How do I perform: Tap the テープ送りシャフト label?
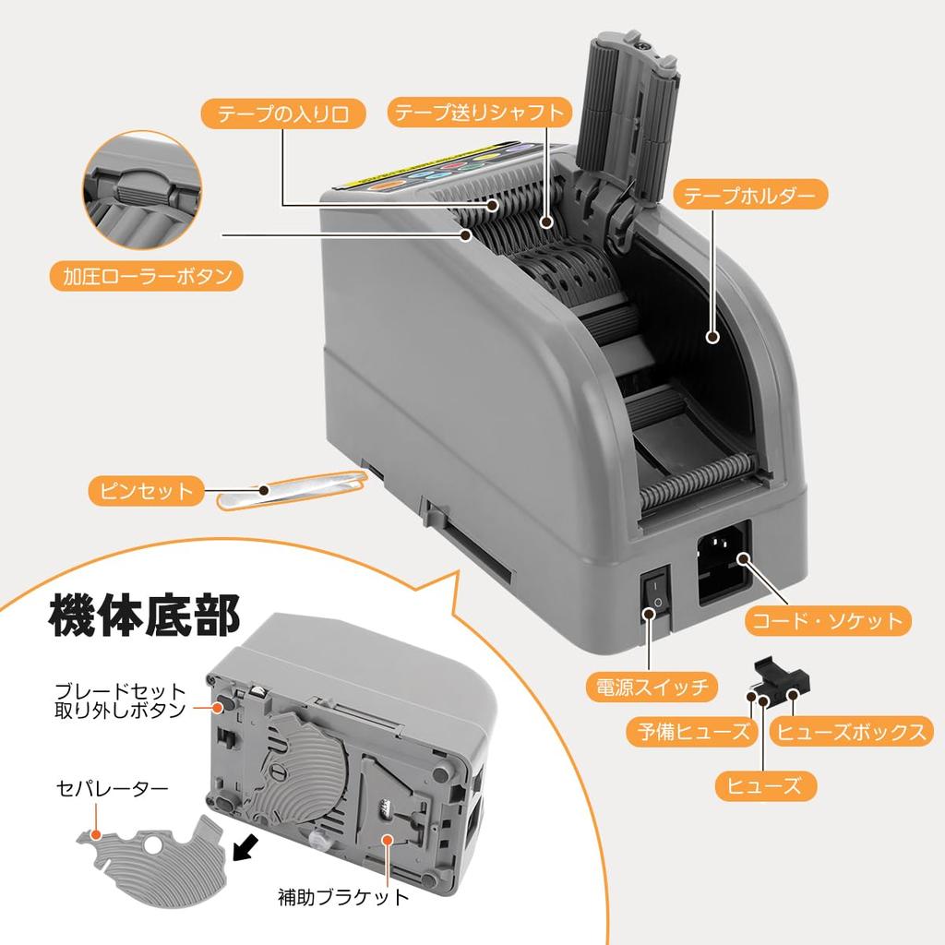(x=478, y=113)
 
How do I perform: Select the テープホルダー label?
(x=749, y=196)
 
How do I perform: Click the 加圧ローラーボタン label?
(x=147, y=276)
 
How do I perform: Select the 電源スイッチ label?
(x=650, y=687)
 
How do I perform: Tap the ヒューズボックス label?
(x=849, y=733)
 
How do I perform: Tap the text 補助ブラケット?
(x=342, y=896)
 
